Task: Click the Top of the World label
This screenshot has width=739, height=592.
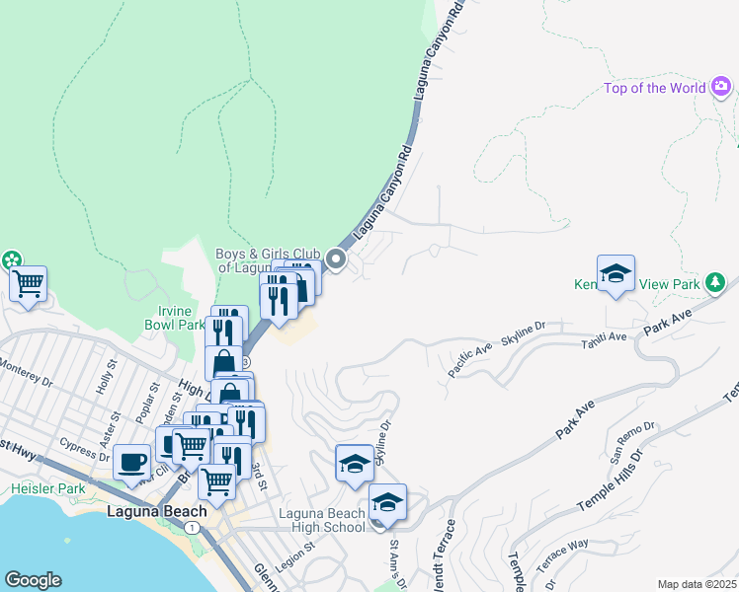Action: pyautogui.click(x=654, y=88)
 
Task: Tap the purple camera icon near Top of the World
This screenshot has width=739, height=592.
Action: pyautogui.click(x=722, y=88)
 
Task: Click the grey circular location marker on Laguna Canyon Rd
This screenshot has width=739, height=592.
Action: pyautogui.click(x=336, y=260)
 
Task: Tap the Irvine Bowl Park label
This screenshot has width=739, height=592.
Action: pyautogui.click(x=173, y=318)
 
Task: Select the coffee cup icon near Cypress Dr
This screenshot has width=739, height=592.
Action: pyautogui.click(x=131, y=462)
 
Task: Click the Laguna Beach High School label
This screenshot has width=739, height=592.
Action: pyautogui.click(x=322, y=520)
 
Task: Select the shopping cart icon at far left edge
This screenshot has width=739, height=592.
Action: pyautogui.click(x=28, y=284)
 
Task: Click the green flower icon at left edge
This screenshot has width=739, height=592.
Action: pyautogui.click(x=11, y=261)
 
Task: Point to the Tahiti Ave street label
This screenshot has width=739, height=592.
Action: pyautogui.click(x=604, y=338)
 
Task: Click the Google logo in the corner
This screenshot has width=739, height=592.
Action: pyautogui.click(x=33, y=580)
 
